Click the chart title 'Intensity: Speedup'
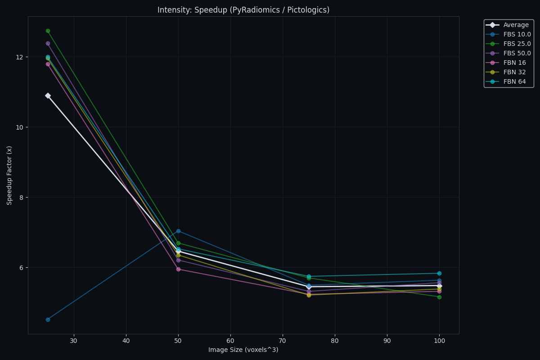pos(243,10)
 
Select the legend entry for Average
pos(516,25)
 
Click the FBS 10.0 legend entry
pos(517,35)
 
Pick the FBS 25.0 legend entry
pos(517,44)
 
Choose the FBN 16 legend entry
pos(514,63)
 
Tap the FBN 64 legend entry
pos(514,82)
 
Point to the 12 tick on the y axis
pos(19,57)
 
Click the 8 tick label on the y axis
pos(21,198)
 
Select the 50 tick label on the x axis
pos(178,341)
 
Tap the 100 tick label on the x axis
pos(439,341)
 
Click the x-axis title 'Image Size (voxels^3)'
pos(243,350)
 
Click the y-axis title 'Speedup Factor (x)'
pos(10,175)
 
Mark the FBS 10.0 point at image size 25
pos(48,319)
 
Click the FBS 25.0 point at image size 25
pos(48,31)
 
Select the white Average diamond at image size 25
pos(48,96)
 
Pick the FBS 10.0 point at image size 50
pos(178,231)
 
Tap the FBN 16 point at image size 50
pos(178,269)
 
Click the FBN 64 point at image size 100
pos(439,273)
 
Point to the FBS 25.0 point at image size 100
pos(439,297)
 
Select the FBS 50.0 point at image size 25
pos(48,44)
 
